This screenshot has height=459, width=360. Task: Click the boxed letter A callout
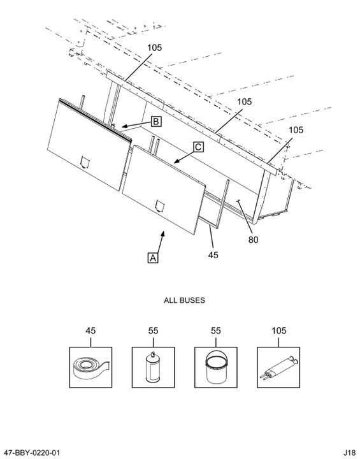tap(153, 258)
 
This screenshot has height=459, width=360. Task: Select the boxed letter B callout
tap(156, 121)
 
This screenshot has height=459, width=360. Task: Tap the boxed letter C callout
tap(198, 147)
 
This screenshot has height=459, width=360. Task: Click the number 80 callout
tap(254, 240)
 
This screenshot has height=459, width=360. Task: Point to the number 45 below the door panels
tap(213, 255)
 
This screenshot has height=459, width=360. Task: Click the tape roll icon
tap(90, 367)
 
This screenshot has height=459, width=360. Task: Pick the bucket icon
tap(216, 367)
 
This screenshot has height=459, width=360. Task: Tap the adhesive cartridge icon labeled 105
tap(278, 367)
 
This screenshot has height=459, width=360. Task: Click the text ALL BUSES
tap(184, 300)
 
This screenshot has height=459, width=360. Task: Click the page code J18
tap(350, 453)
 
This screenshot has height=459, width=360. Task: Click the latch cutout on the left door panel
tap(85, 162)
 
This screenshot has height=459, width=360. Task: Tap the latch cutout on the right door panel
tap(160, 206)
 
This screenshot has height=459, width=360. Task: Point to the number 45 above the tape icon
tap(90, 331)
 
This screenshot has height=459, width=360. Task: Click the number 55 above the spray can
tap(153, 331)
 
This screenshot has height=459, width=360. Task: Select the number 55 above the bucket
tap(216, 331)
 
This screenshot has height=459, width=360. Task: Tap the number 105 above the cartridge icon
tap(278, 331)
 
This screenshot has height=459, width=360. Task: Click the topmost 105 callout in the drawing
tap(154, 48)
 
